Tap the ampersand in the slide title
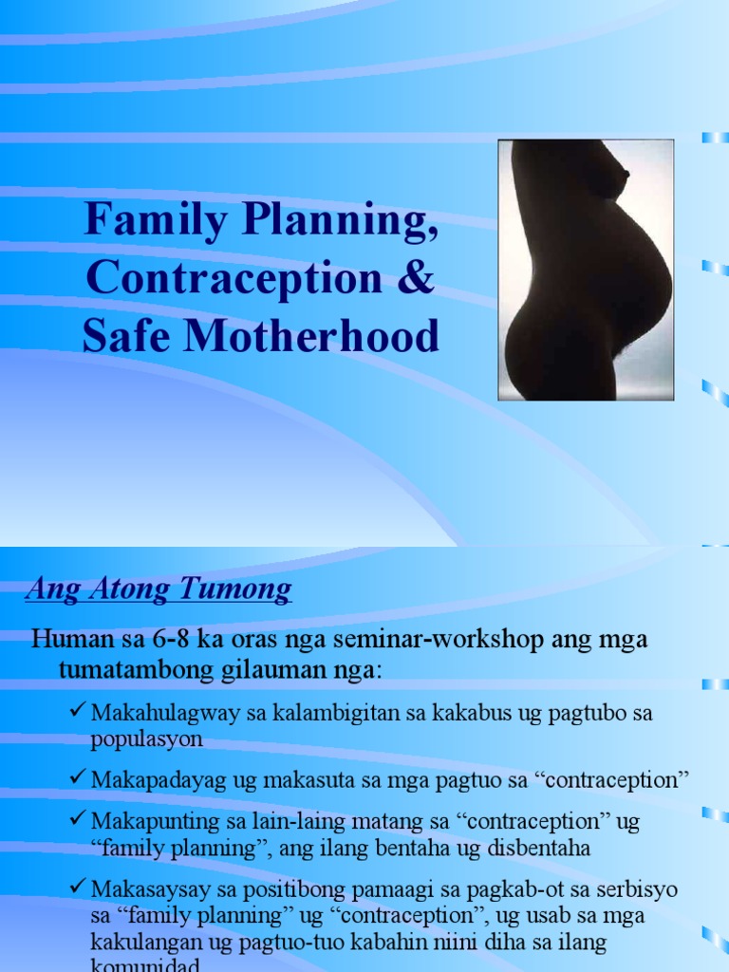(x=421, y=278)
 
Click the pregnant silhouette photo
(x=586, y=270)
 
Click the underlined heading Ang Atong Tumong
(x=159, y=590)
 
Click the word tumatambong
(x=126, y=670)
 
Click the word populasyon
(x=146, y=738)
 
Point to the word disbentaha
(x=540, y=848)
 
